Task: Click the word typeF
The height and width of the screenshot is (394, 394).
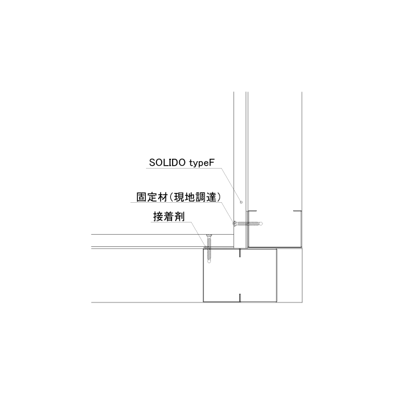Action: (202, 163)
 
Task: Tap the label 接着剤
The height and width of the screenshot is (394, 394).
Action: (169, 217)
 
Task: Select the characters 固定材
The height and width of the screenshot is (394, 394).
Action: (152, 197)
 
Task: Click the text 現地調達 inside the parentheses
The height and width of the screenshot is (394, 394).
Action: (195, 197)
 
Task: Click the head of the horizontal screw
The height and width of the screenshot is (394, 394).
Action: (234, 223)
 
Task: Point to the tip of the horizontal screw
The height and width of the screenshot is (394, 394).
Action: (261, 223)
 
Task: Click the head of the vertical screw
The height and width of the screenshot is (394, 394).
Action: (209, 235)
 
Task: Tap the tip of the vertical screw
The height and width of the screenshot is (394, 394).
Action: (209, 262)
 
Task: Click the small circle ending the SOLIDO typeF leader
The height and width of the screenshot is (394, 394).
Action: (241, 202)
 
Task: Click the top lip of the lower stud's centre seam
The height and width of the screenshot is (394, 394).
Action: (240, 253)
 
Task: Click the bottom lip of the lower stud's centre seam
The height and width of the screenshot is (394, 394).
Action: (240, 297)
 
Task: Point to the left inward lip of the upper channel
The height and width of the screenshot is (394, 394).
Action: (252, 210)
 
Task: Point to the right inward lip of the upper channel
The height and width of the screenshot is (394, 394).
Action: (297, 211)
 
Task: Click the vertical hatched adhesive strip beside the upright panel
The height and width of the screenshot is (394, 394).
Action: (247, 229)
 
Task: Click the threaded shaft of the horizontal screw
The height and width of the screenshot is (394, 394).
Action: (248, 223)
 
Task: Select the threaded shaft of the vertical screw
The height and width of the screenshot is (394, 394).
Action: (209, 249)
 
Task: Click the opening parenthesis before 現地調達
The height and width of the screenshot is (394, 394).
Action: (172, 197)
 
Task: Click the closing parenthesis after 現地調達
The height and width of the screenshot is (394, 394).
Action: (219, 197)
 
